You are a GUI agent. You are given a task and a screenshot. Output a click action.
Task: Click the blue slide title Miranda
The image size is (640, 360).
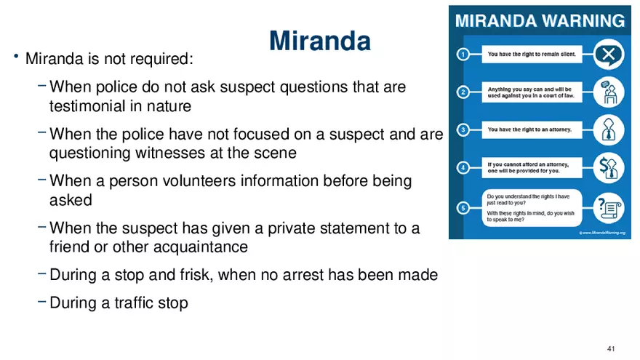320,41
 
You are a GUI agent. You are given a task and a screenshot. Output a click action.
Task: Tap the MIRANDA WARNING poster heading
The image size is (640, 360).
540,21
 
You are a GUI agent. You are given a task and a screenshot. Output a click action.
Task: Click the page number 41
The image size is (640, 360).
611,348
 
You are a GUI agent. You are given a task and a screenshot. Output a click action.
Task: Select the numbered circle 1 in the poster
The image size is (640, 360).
463,55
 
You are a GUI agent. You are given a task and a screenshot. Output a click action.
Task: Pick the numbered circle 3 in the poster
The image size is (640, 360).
463,129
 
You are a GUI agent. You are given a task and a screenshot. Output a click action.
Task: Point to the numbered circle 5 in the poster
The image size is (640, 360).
463,208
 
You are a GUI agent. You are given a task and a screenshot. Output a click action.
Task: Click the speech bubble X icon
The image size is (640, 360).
608,55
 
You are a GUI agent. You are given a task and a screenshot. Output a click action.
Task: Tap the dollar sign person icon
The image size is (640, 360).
608,168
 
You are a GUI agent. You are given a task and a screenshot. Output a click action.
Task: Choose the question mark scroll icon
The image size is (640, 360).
608,208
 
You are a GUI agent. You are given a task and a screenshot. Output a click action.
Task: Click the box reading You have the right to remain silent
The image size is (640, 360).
532,55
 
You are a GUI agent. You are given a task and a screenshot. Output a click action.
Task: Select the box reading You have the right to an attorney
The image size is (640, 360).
532,129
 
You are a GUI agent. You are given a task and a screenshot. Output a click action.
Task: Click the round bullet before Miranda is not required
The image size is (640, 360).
16,56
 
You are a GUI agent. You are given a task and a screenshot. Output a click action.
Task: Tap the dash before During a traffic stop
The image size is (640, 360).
41,302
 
